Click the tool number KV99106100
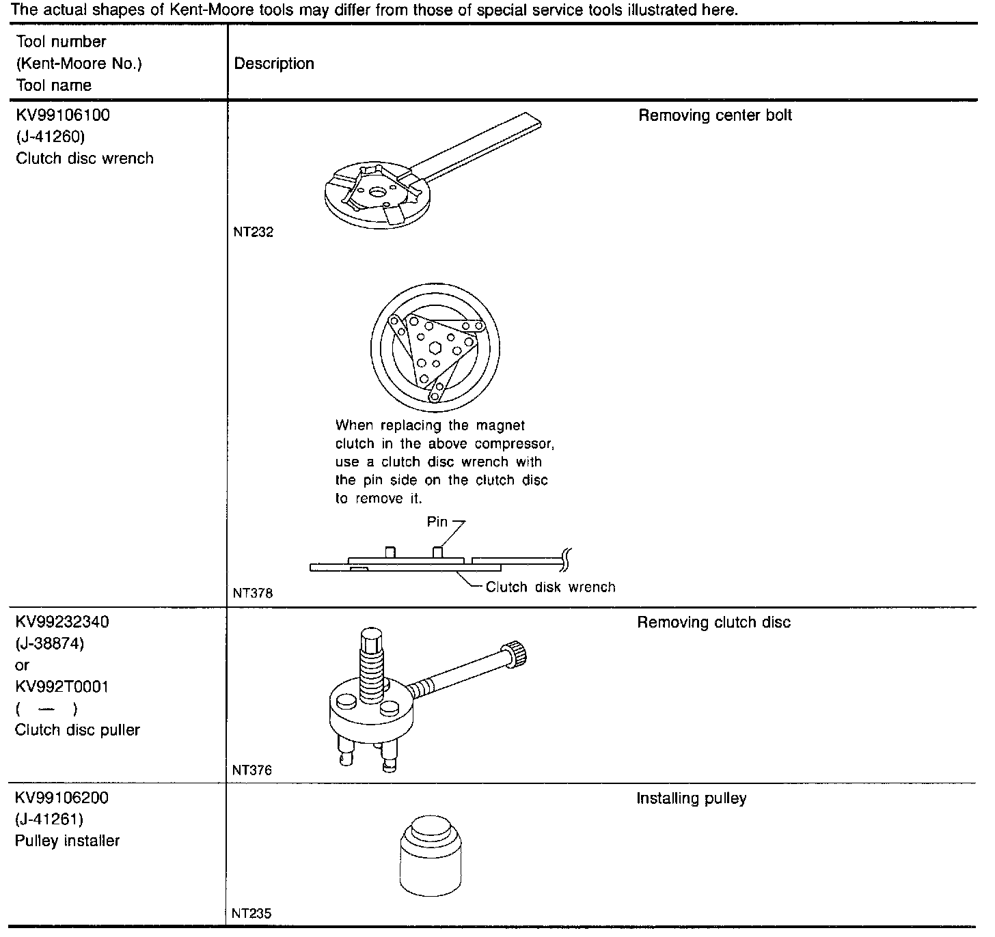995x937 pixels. click(62, 115)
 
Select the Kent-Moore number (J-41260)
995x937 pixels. click(50, 137)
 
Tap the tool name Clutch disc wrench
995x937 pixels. click(85, 158)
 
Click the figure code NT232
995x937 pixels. click(253, 232)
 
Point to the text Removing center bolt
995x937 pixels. click(715, 115)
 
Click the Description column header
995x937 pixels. click(274, 64)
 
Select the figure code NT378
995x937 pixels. click(253, 593)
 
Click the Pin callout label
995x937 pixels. click(437, 522)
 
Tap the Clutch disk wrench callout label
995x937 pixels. click(550, 587)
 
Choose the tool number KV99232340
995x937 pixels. click(62, 622)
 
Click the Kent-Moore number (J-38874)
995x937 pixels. click(50, 643)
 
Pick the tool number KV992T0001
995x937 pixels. click(62, 686)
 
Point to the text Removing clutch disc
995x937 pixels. click(713, 622)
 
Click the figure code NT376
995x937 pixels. click(252, 770)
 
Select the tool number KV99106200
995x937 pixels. click(62, 798)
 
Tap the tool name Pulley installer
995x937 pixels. click(67, 841)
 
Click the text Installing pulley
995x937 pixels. click(691, 798)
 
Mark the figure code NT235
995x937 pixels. click(252, 913)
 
